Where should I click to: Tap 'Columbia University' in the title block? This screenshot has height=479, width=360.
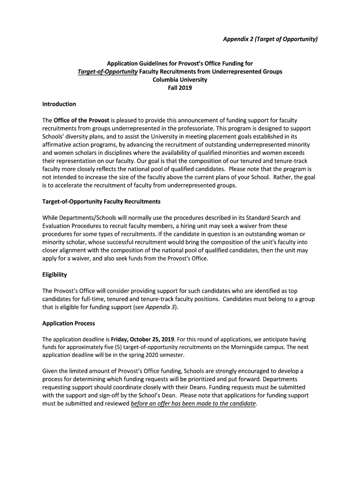pyautogui.click(x=180, y=80)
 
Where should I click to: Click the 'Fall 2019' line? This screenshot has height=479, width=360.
pyautogui.click(x=180, y=87)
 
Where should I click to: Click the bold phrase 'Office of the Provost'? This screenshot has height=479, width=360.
pyautogui.click(x=81, y=120)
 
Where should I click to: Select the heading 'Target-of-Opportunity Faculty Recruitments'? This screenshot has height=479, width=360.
pyautogui.click(x=101, y=201)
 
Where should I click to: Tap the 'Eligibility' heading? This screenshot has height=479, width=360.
pyautogui.click(x=55, y=275)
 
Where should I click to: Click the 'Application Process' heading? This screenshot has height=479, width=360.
pyautogui.click(x=68, y=323)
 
